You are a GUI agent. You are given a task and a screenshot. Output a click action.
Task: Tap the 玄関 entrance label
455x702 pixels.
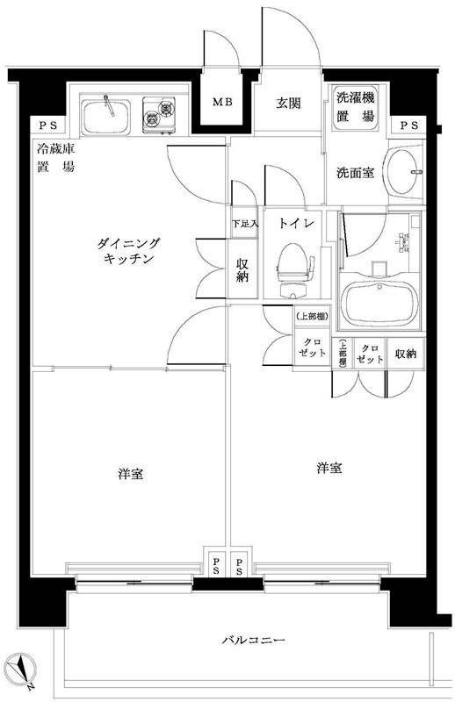click(x=289, y=103)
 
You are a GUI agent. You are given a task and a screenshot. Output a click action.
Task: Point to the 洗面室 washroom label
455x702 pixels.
click(x=355, y=173)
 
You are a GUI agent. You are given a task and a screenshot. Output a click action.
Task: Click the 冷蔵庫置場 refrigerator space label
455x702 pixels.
click(x=55, y=157)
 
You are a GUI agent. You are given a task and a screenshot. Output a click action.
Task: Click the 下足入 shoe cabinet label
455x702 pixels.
click(x=245, y=225)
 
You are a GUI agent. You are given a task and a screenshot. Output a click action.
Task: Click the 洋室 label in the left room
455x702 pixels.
click(x=131, y=474)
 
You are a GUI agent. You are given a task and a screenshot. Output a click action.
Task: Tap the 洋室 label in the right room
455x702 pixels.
click(x=329, y=468)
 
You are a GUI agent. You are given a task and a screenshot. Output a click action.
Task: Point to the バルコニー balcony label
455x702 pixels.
click(x=253, y=641)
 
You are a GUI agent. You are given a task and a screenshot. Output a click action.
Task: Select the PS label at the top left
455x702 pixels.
click(x=42, y=125)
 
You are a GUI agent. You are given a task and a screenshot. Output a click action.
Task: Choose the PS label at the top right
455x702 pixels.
click(x=409, y=125)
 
